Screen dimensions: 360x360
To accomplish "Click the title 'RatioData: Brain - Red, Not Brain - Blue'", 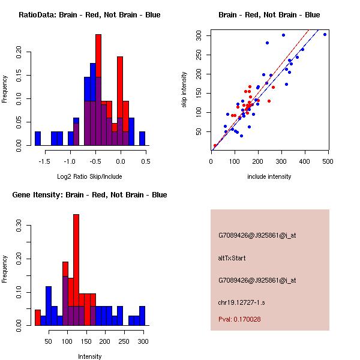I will pyautogui.click(x=89, y=15).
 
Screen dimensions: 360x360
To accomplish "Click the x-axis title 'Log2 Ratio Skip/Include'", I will pyautogui.click(x=89, y=176).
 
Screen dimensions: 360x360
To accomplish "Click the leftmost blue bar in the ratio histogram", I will pyautogui.click(x=37, y=139).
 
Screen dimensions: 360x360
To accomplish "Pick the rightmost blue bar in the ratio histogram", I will pyautogui.click(x=142, y=139).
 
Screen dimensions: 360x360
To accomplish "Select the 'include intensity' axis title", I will pyautogui.click(x=269, y=176).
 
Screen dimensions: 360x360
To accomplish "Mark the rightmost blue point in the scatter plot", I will pyautogui.click(x=325, y=34).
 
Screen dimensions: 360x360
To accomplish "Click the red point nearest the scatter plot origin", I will pyautogui.click(x=215, y=145).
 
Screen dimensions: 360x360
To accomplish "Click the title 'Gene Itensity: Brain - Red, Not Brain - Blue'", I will pyautogui.click(x=89, y=195).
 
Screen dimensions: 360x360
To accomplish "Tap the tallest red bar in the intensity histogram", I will pyautogui.click(x=76, y=270).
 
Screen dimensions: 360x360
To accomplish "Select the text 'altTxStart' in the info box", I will pyautogui.click(x=232, y=258).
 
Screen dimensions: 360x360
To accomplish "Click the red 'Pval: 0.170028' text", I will pyautogui.click(x=239, y=319).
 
